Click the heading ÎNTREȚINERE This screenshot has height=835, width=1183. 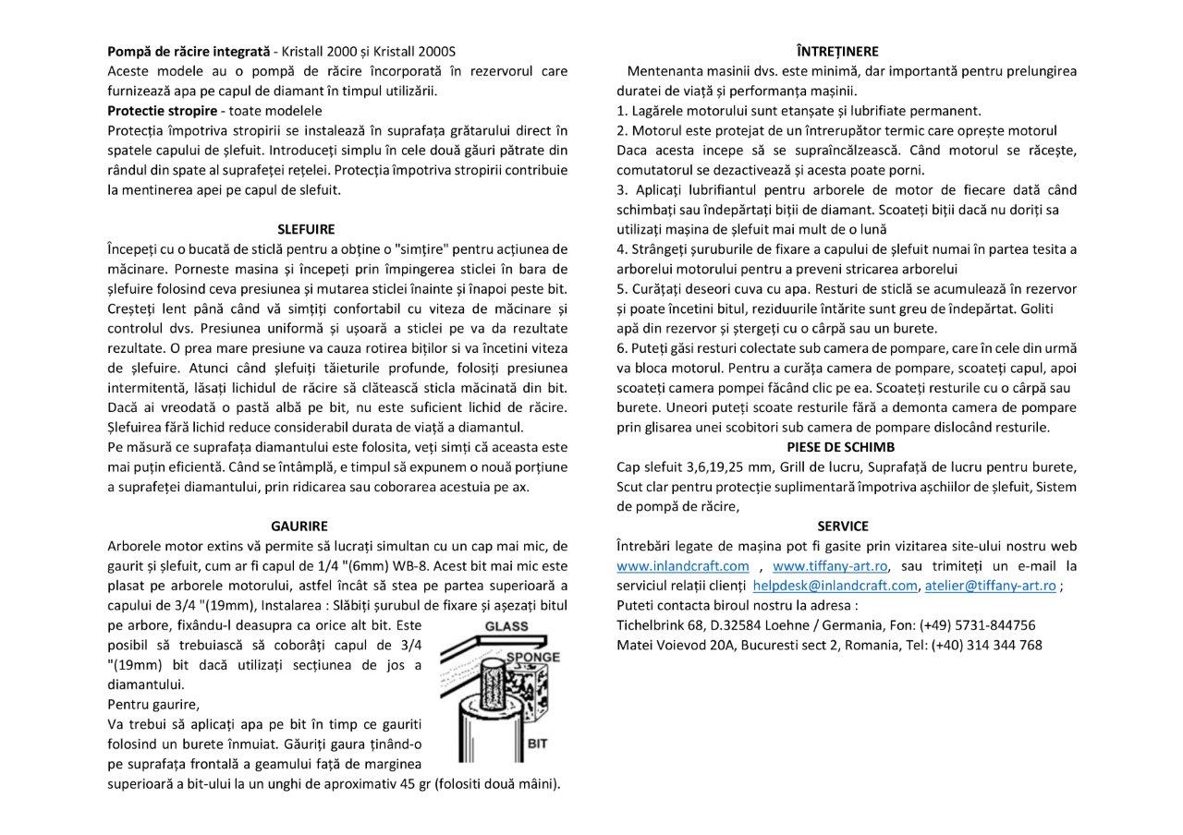[x=837, y=51]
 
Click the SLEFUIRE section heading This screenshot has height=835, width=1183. [x=306, y=229]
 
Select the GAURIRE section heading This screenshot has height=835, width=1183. [x=299, y=526]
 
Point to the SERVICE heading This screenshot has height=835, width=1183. [x=843, y=526]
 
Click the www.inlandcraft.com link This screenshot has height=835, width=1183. [x=683, y=565]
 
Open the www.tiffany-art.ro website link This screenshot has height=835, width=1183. [x=830, y=565]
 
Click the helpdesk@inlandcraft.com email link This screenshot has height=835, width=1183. [x=835, y=586]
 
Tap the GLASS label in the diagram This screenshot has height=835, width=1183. [x=506, y=626]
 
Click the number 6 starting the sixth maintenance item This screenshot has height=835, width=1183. [x=621, y=348]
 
